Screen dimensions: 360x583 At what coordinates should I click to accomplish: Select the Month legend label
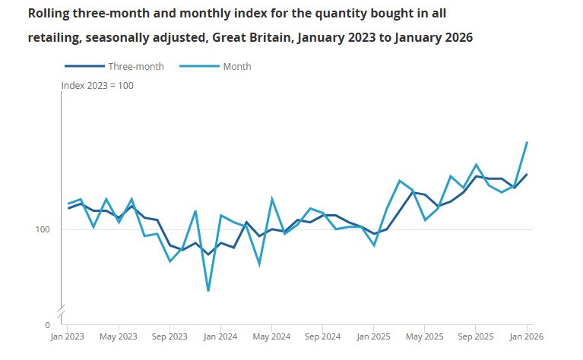pyautogui.click(x=236, y=67)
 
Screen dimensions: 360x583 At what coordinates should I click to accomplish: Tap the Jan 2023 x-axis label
pyautogui.click(x=68, y=336)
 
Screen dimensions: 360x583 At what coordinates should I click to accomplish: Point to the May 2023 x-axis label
pyautogui.click(x=119, y=336)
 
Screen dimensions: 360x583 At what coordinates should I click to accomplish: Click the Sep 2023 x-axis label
pyautogui.click(x=170, y=336)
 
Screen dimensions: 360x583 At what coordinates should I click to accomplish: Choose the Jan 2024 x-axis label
pyautogui.click(x=220, y=336)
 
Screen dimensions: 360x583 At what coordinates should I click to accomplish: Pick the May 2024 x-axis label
pyautogui.click(x=271, y=336)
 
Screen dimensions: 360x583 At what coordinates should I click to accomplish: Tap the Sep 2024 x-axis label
pyautogui.click(x=322, y=336)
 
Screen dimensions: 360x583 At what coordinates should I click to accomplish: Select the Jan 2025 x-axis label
pyautogui.click(x=373, y=336)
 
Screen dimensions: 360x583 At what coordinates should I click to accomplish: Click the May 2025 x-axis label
pyautogui.click(x=424, y=336)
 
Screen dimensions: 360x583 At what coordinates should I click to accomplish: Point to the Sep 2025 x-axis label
pyautogui.click(x=475, y=336)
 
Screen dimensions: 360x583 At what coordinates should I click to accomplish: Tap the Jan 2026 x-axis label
pyautogui.click(x=526, y=336)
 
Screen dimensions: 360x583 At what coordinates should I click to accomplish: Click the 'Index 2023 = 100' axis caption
pyautogui.click(x=97, y=86)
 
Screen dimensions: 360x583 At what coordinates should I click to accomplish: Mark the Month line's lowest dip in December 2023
pyautogui.click(x=208, y=291)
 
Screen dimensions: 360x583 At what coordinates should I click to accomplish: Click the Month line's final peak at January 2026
pyautogui.click(x=527, y=142)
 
